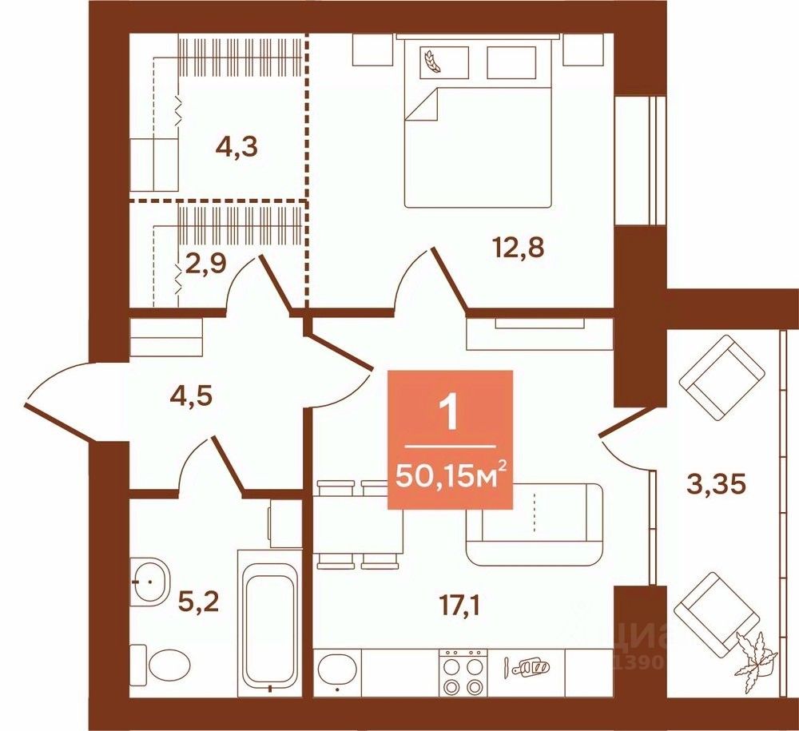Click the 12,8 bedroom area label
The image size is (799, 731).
point(520,248)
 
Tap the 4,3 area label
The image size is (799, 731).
point(239,148)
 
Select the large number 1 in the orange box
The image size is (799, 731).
point(450,414)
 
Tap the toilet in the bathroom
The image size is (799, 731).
point(169,663)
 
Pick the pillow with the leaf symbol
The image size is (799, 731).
point(439,60)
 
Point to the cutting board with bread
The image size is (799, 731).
point(530,665)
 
